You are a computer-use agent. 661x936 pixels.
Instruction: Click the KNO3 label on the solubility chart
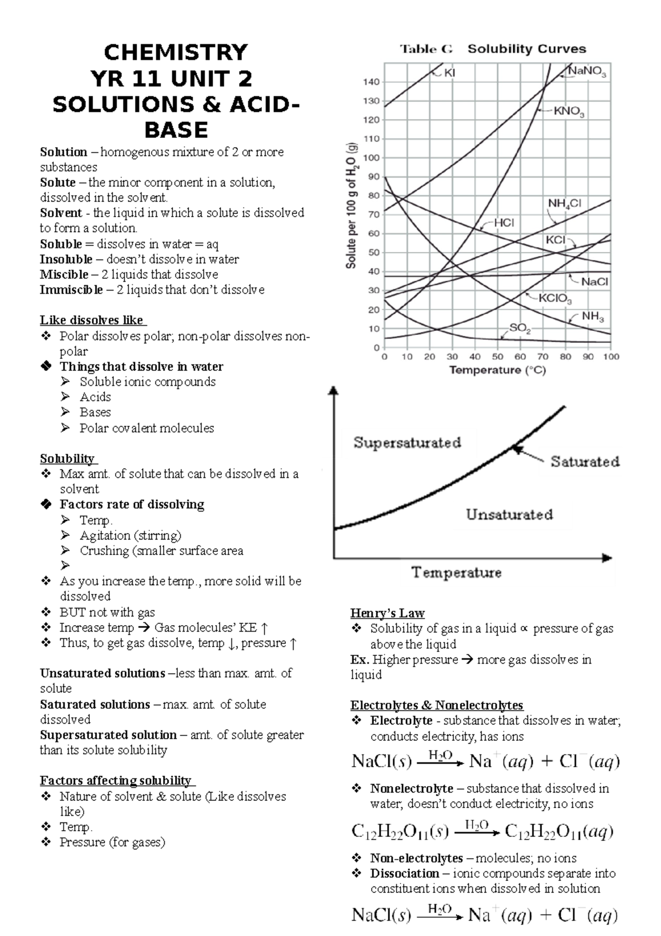coord(569,112)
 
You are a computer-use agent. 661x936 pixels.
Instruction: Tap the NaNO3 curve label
coord(587,72)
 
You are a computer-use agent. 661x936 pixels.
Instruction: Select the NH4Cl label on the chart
coord(564,204)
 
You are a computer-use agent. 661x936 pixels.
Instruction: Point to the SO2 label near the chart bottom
coord(519,329)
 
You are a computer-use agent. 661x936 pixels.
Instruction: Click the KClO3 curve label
coord(555,299)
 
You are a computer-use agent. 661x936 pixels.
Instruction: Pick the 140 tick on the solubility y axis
coord(371,82)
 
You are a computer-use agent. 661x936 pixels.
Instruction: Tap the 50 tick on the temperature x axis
coord(497,357)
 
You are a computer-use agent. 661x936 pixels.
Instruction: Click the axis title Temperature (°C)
coord(497,370)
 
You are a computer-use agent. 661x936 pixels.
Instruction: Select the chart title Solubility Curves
coord(527,49)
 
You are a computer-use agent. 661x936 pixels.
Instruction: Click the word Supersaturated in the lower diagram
coord(407,443)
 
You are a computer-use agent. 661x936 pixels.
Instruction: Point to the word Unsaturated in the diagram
coord(509,515)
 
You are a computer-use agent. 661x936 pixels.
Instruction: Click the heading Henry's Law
coord(387,613)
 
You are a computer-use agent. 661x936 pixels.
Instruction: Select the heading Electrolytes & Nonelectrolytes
coord(436,705)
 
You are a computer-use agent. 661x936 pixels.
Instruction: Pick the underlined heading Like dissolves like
coord(91,320)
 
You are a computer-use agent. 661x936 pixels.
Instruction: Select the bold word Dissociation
coord(404,873)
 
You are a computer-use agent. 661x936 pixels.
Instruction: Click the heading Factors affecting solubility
coord(116,781)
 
